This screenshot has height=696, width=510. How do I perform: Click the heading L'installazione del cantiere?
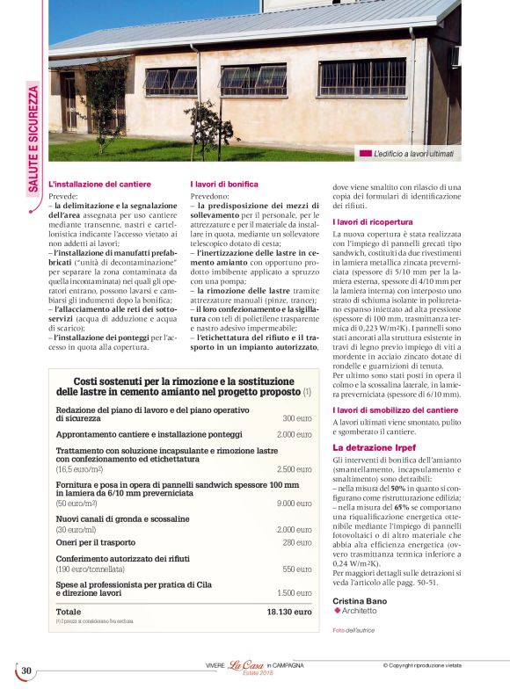pyautogui.click(x=99, y=185)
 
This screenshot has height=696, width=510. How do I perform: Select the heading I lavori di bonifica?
pyautogui.click(x=224, y=185)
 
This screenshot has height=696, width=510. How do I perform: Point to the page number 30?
pyautogui.click(x=26, y=671)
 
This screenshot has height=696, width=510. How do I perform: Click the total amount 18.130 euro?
pyautogui.click(x=289, y=612)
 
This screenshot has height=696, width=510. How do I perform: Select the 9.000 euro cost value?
pyautogui.click(x=294, y=504)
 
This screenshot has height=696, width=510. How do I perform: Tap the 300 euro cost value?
pyautogui.click(x=297, y=419)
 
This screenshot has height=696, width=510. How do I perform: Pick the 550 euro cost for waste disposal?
pyautogui.click(x=297, y=569)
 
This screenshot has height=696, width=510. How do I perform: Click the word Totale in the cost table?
pyautogui.click(x=69, y=612)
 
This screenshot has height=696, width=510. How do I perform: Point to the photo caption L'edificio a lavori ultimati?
pyautogui.click(x=426, y=154)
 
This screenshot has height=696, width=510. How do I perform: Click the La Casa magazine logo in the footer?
pyautogui.click(x=246, y=665)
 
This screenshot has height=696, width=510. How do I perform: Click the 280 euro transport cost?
pyautogui.click(x=297, y=543)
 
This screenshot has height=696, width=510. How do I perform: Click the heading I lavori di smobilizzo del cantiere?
pyautogui.click(x=395, y=410)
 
